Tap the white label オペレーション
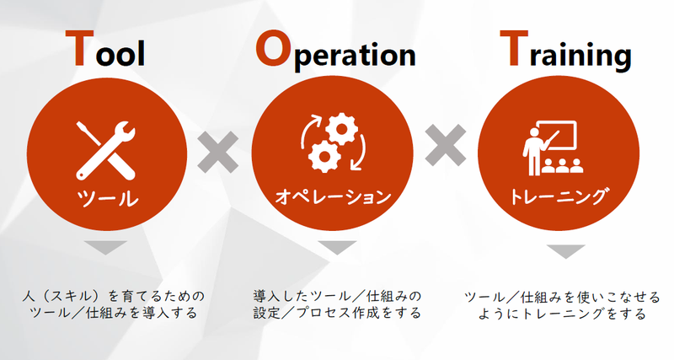pos(334,198)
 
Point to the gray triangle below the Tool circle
pos(107,248)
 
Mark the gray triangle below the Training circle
pos(565,251)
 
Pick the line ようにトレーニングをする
pos(562,314)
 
